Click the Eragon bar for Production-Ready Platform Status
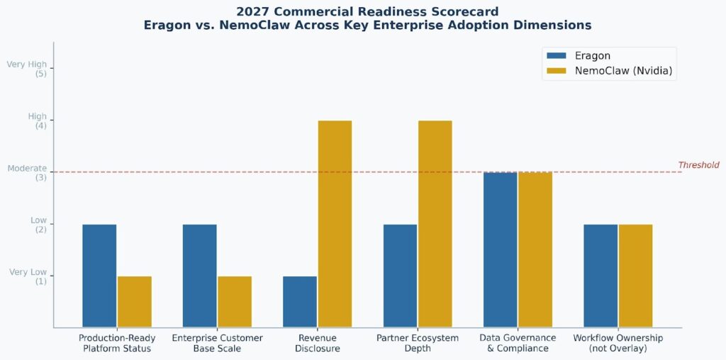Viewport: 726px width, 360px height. click(x=99, y=276)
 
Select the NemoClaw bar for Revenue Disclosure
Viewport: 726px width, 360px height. click(x=335, y=224)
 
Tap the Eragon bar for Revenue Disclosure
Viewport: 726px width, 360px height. click(x=300, y=302)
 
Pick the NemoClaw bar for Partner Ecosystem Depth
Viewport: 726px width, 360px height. click(x=435, y=224)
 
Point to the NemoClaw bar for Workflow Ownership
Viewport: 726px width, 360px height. click(x=635, y=276)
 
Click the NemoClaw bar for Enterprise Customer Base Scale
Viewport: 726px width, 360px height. click(x=235, y=302)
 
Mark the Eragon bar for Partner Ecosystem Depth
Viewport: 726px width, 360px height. click(x=400, y=276)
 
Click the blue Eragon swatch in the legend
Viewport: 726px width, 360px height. click(x=557, y=56)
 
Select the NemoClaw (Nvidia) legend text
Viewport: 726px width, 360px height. click(x=623, y=71)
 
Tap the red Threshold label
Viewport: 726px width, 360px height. click(x=698, y=165)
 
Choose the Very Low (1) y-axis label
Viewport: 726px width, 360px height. click(x=28, y=276)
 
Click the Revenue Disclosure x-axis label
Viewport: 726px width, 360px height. click(x=317, y=343)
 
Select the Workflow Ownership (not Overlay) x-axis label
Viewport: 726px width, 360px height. click(x=618, y=343)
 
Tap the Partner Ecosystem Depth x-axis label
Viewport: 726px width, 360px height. click(x=417, y=343)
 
